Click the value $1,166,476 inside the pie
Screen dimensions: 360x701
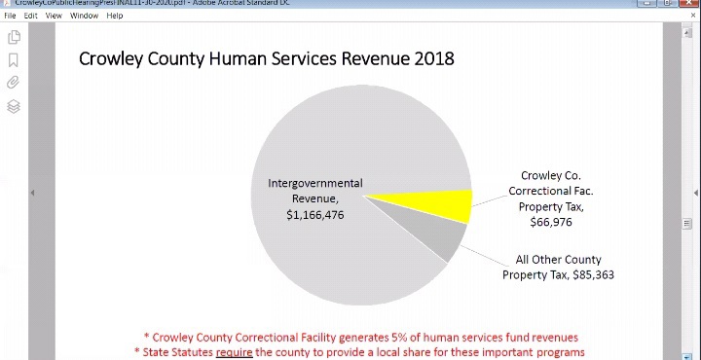coord(314,214)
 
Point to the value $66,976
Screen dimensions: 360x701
coord(550,222)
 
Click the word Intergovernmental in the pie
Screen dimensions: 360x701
coord(314,183)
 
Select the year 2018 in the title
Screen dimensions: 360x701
coord(434,59)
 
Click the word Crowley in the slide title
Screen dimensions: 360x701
coord(112,59)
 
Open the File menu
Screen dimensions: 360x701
coord(10,16)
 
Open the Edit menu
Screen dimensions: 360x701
coord(31,16)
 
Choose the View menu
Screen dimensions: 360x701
coord(54,16)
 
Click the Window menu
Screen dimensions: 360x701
coord(84,16)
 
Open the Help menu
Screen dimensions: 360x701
coord(115,16)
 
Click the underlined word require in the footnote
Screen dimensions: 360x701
coord(234,351)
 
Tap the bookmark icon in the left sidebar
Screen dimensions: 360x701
coord(14,60)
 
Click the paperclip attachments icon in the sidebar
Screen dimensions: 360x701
coord(14,83)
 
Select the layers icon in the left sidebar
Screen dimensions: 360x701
coord(14,106)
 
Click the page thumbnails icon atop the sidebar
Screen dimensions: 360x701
coord(14,37)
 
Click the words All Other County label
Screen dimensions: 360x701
coord(558,260)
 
